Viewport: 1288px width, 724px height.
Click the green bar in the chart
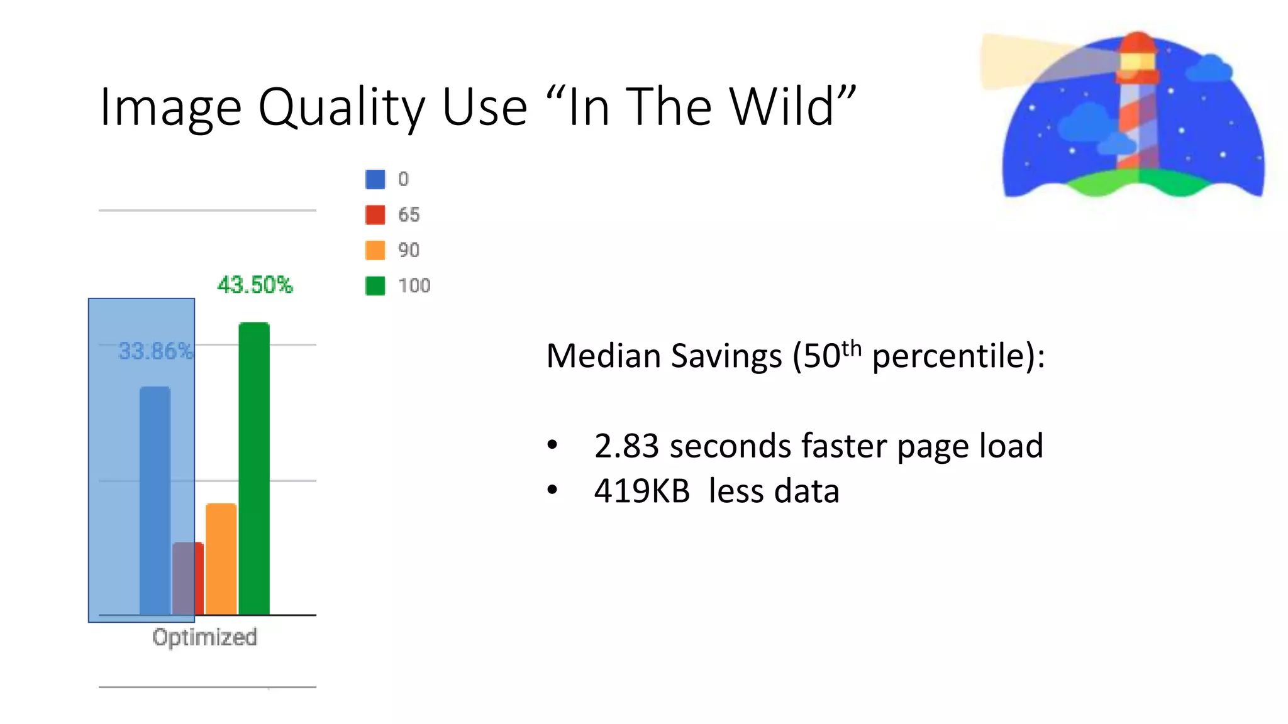point(254,468)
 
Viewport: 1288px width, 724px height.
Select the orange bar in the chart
point(221,559)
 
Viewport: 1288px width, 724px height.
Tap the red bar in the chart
point(199,578)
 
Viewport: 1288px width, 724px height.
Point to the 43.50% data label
point(255,285)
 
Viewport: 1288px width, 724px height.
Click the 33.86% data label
point(155,351)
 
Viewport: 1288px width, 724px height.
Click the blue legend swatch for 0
point(375,179)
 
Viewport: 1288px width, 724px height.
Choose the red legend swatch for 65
point(375,214)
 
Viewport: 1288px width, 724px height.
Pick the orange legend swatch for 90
point(375,250)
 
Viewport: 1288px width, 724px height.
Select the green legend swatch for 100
point(375,285)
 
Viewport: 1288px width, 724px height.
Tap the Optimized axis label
point(204,637)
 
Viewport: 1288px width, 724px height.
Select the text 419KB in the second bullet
point(641,491)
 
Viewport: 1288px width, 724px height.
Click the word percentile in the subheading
point(950,356)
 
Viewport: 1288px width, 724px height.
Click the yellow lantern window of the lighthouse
point(1137,62)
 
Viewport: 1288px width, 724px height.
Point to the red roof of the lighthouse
point(1137,41)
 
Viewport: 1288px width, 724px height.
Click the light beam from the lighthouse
point(1031,60)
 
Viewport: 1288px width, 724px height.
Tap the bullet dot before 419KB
point(552,490)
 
